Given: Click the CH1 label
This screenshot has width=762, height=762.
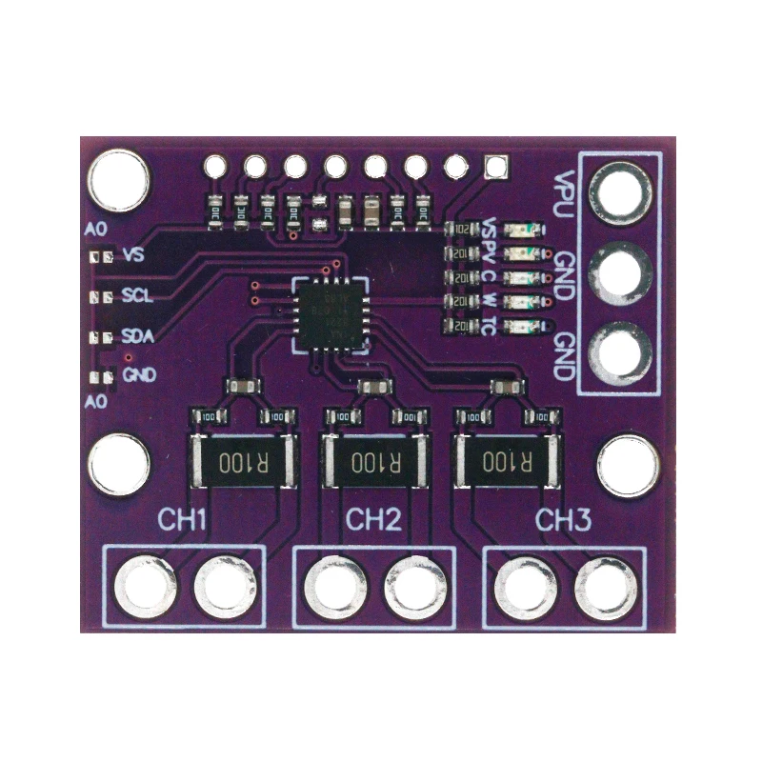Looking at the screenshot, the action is (x=183, y=521).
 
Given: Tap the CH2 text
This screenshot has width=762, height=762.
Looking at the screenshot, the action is (x=373, y=520).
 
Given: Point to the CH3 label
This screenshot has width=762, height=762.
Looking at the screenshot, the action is (x=564, y=521).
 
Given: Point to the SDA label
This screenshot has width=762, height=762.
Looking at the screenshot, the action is (x=139, y=336).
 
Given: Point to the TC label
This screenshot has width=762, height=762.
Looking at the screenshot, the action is (x=489, y=327).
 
